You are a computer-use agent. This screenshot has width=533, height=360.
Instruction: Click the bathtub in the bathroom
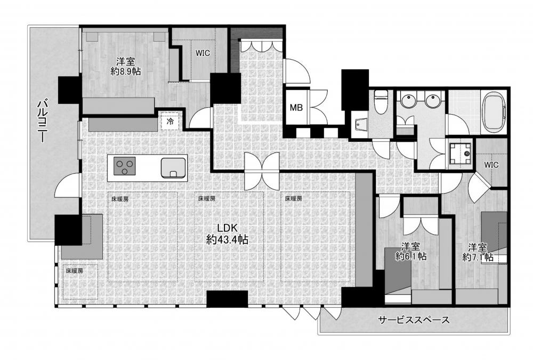click(495, 113)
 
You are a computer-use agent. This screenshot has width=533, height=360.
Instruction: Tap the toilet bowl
click(381, 102)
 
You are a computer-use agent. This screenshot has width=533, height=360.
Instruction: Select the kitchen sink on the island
click(173, 168)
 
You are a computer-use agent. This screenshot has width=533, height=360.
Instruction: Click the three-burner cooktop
click(124, 166)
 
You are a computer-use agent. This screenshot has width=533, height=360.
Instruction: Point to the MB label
click(296, 108)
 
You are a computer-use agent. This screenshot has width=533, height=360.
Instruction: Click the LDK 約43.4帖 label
click(227, 234)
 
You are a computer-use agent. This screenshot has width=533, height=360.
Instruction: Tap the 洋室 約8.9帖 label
click(125, 66)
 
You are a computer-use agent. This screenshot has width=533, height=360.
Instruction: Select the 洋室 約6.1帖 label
click(411, 251)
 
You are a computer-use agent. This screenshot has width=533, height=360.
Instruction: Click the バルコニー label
click(42, 120)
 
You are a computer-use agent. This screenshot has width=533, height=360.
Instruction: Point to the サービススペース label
click(414, 320)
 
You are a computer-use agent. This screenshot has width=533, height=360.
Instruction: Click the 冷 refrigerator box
click(170, 121)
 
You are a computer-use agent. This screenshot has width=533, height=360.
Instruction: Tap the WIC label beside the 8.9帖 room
click(202, 53)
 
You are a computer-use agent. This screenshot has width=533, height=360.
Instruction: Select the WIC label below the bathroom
click(491, 165)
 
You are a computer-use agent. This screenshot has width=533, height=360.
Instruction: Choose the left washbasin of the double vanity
click(406, 101)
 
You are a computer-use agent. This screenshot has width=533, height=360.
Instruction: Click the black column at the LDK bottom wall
click(227, 299)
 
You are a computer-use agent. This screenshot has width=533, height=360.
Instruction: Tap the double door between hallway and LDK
click(261, 171)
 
